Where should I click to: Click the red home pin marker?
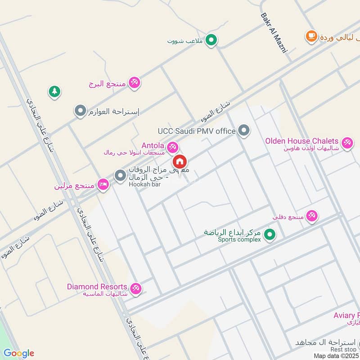[x=180, y=161]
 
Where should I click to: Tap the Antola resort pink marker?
[x=172, y=147]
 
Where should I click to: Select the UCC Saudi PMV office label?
[x=197, y=131]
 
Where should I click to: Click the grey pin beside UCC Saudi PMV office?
[x=243, y=130]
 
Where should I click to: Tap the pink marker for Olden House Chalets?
[x=347, y=143]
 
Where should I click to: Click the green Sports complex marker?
[x=270, y=234]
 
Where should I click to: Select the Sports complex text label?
[x=239, y=240]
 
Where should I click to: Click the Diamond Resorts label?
[x=97, y=286]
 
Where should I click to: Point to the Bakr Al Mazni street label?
[x=274, y=32]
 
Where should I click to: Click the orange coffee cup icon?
[x=310, y=36]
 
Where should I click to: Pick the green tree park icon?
[x=54, y=92]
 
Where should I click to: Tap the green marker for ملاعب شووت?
[x=211, y=41]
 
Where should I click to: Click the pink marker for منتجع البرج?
[x=134, y=83]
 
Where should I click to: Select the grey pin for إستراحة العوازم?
[x=80, y=111]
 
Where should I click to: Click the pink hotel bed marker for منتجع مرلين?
[x=103, y=184]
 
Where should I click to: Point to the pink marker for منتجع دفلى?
[x=312, y=216]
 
